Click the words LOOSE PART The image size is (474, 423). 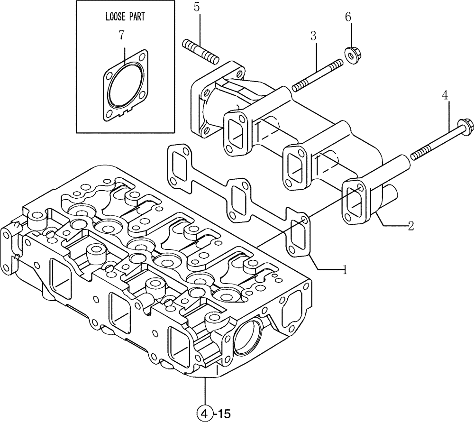click(125, 17)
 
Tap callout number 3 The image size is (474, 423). click(313, 36)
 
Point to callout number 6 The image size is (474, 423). click(348, 17)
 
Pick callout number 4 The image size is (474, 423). click(444, 95)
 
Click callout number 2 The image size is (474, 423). click(411, 226)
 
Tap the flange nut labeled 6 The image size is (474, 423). click(351, 56)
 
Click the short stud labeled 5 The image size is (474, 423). click(200, 51)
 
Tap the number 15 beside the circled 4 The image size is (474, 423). click(223, 410)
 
